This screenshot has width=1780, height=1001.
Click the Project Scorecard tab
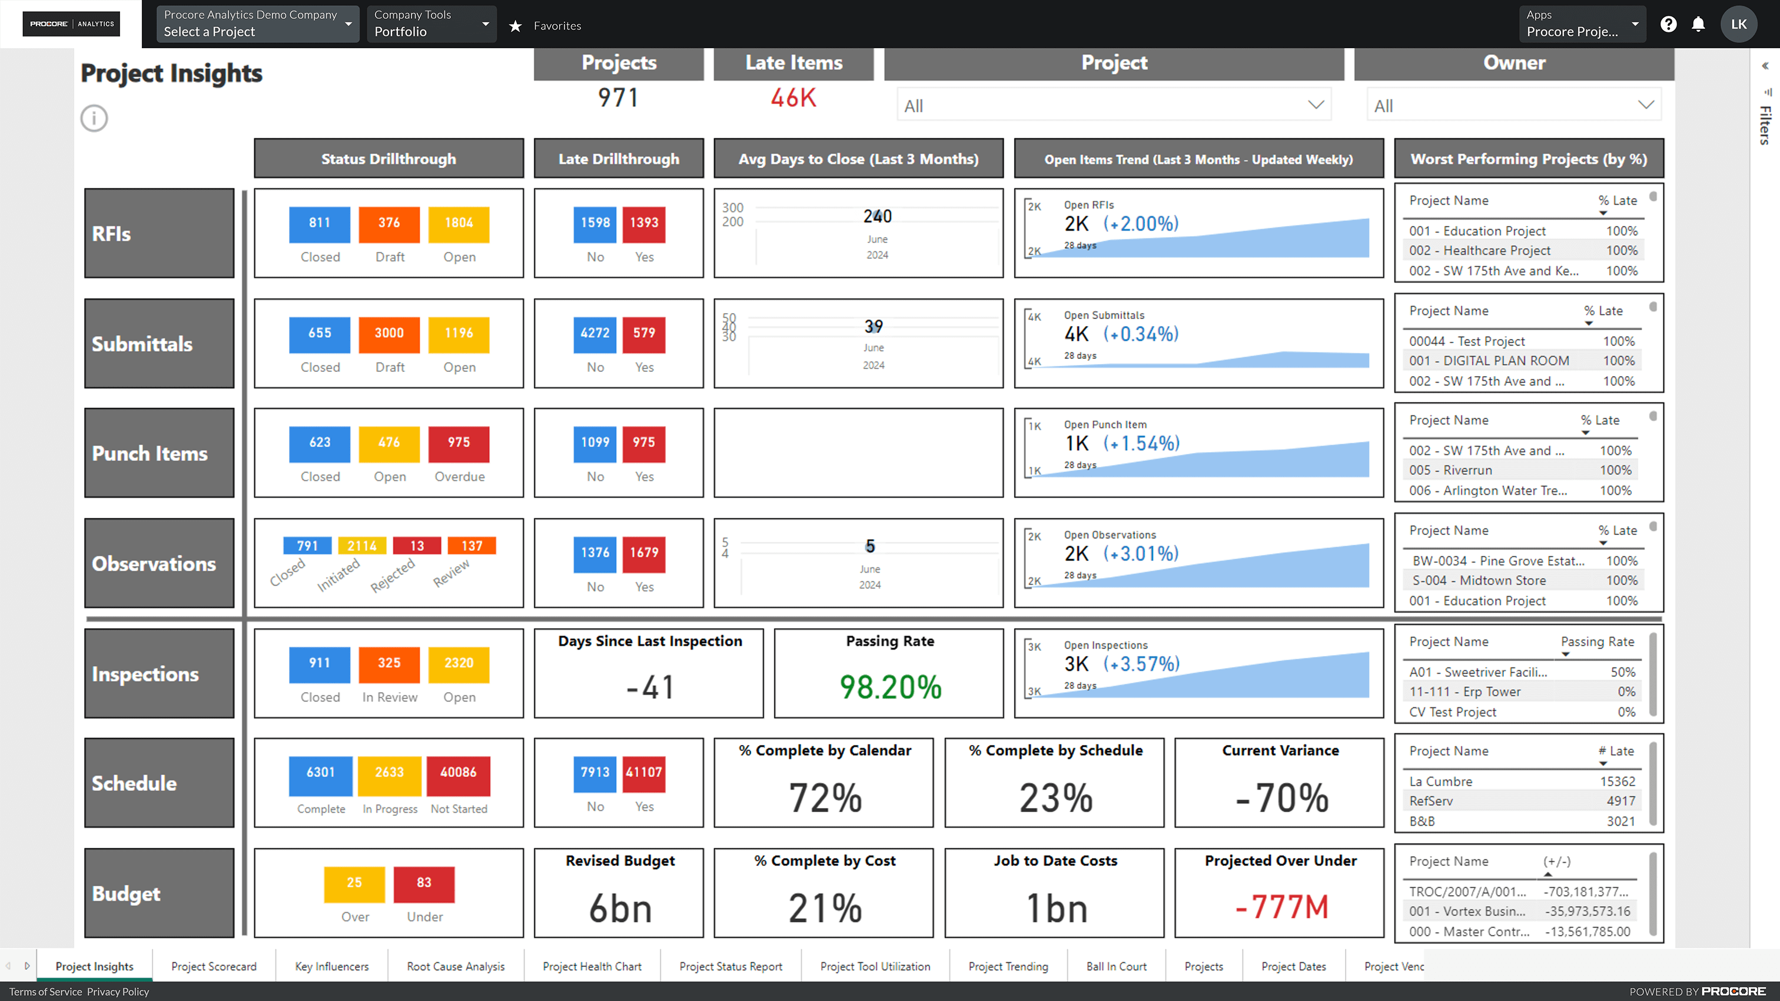tap(214, 966)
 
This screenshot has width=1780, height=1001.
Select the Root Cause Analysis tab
tap(456, 966)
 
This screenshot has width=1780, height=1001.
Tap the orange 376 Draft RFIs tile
tap(389, 223)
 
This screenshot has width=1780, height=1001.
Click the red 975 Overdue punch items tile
tap(459, 443)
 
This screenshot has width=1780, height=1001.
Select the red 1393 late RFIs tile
tap(643, 223)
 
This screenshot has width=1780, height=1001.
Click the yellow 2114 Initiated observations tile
tap(362, 546)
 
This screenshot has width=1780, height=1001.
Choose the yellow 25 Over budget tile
tap(354, 883)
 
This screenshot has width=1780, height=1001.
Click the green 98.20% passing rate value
tap(890, 687)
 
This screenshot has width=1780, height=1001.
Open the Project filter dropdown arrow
tap(1316, 105)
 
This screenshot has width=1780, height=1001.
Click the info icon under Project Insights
tap(94, 118)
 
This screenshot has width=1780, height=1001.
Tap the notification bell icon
tap(1698, 25)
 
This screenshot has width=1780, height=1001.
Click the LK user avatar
tap(1739, 24)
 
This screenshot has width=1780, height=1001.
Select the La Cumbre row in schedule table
tap(1441, 781)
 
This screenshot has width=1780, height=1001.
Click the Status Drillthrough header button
tap(388, 159)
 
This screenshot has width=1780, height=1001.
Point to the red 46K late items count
tap(793, 98)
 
